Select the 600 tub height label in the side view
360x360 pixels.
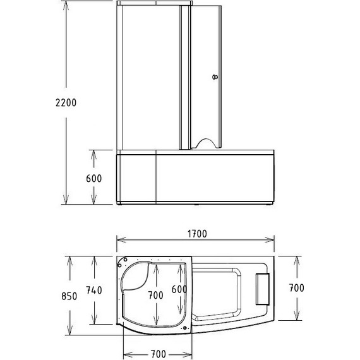click(93, 178)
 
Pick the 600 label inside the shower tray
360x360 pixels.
click(180, 289)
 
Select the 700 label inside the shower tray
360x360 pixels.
click(155, 295)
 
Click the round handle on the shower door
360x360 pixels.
click(214, 78)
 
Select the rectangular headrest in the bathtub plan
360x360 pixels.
click(262, 288)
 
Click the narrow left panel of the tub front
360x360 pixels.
click(136, 179)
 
